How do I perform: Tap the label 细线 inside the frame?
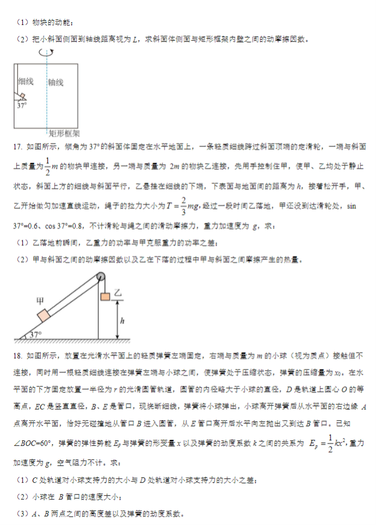point(26,82)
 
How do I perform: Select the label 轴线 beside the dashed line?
point(56,83)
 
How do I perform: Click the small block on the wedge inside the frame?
point(21,97)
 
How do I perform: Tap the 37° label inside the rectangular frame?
point(21,106)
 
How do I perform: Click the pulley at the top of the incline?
point(99,276)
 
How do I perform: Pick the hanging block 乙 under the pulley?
point(104,296)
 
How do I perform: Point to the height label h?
point(123,321)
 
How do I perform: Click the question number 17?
point(16,147)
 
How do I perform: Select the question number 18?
point(16,355)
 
